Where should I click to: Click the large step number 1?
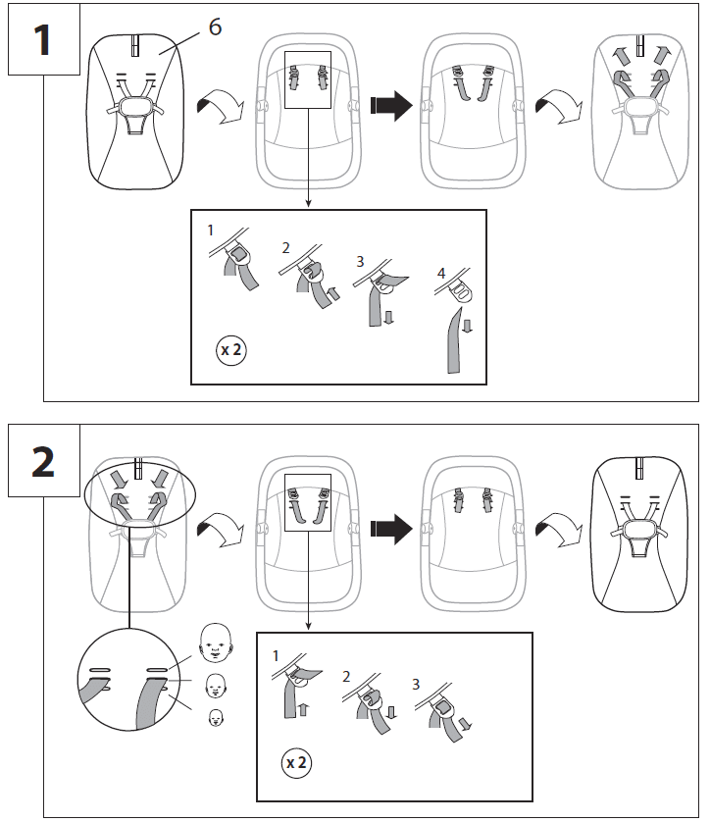(x=42, y=40)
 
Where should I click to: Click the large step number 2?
(x=43, y=462)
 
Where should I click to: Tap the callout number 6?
(x=215, y=26)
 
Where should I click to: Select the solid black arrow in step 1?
(x=391, y=105)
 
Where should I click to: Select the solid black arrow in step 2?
(x=391, y=529)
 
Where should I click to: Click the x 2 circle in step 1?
(x=231, y=349)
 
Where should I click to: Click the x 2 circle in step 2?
(x=296, y=763)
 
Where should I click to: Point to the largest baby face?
(x=216, y=642)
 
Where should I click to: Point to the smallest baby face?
(x=216, y=718)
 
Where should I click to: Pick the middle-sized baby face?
(x=216, y=686)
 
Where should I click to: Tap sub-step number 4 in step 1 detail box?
(x=441, y=273)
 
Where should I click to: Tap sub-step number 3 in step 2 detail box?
(x=416, y=684)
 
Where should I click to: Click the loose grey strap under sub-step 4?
(x=454, y=340)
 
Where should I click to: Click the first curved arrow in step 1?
(x=220, y=106)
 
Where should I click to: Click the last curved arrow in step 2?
(x=559, y=530)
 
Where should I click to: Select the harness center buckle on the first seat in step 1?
(x=135, y=106)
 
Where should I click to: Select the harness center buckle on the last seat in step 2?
(x=638, y=530)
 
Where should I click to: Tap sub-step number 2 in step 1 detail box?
(x=285, y=248)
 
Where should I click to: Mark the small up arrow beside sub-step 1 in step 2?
(x=303, y=710)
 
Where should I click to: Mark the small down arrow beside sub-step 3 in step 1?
(x=388, y=317)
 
